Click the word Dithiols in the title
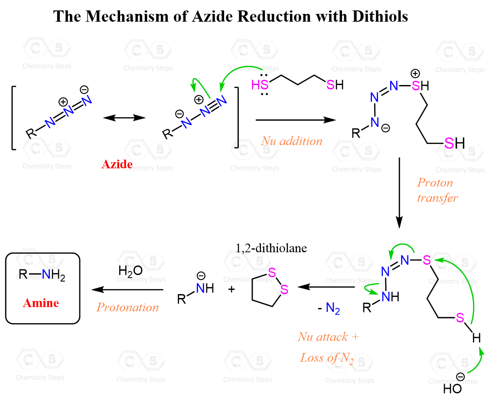pos(380,16)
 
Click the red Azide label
pos(117,164)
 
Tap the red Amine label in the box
pos(41,303)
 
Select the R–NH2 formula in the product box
pos(42,275)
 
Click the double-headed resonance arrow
pos(124,118)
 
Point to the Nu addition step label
pos(292,141)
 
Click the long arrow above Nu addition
pos(296,120)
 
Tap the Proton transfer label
pos(437,190)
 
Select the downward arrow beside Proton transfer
pos(399,193)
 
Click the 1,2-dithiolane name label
pos(271,248)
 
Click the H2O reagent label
pos(130,271)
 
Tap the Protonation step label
pos(128,307)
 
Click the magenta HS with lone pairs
pos(260,85)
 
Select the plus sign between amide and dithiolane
pos(231,289)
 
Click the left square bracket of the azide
pos(14,118)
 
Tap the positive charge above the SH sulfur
pos(415,74)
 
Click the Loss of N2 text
pos(327,358)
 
